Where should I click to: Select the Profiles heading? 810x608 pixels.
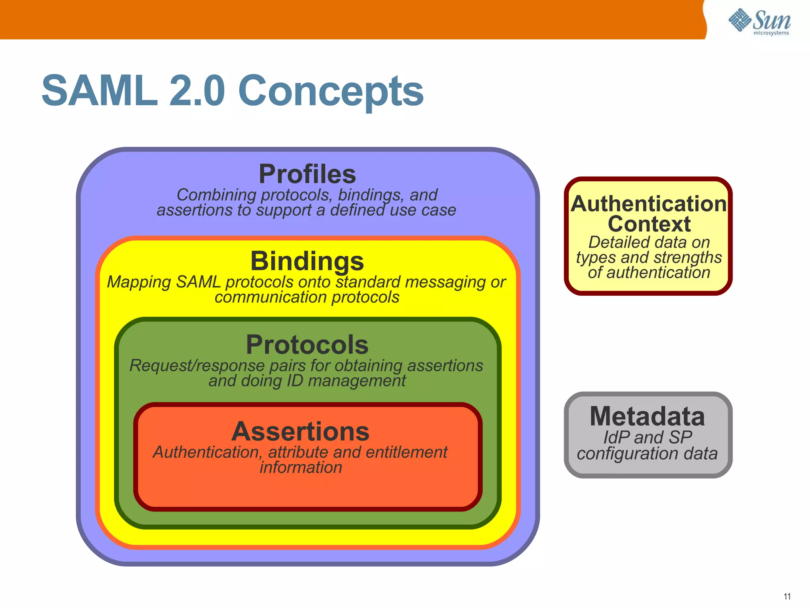tap(307, 174)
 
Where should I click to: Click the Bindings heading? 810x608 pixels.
tap(307, 261)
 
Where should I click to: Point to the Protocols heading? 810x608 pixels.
tap(307, 345)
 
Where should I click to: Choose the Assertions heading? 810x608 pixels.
tap(301, 431)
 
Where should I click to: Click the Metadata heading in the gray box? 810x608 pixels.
tap(647, 416)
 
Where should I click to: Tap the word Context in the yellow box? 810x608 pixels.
tap(649, 224)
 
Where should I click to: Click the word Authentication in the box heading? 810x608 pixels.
tap(649, 204)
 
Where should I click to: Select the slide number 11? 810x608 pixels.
tap(787, 597)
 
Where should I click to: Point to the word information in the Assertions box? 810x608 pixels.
tap(301, 468)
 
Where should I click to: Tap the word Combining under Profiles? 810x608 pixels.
tap(216, 195)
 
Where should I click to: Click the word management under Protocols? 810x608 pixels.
tap(357, 381)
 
